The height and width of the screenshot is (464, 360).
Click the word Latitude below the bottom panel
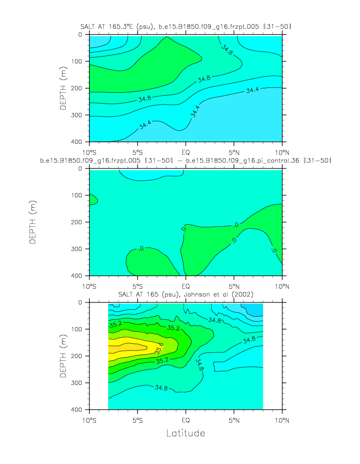[185, 434]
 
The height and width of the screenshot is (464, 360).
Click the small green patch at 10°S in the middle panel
[93, 199]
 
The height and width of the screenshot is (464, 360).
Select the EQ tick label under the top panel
[186, 151]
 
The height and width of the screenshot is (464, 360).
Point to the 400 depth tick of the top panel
[79, 142]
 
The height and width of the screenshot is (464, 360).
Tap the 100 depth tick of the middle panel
[79, 195]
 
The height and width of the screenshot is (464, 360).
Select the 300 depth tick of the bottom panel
[79, 382]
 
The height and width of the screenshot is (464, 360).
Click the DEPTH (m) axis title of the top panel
[63, 88]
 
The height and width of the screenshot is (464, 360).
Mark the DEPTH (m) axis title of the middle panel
[33, 222]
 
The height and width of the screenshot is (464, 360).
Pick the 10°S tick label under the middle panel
[89, 285]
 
